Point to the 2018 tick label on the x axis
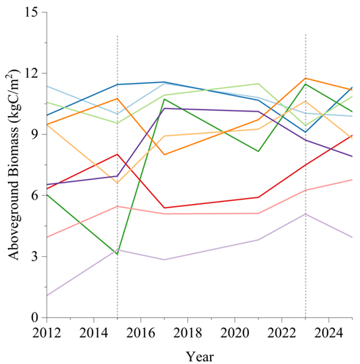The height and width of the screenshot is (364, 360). click(187, 334)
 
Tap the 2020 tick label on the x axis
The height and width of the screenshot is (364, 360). click(234, 334)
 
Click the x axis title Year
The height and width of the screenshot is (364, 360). click(199, 356)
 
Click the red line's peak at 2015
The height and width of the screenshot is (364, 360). click(117, 154)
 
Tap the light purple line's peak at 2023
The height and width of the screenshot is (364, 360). click(305, 214)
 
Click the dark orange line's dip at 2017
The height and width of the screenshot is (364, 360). click(164, 154)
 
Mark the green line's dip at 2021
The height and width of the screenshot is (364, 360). click(258, 151)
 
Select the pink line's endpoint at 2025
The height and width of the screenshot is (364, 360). click(352, 180)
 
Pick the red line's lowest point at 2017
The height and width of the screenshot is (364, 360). click(164, 208)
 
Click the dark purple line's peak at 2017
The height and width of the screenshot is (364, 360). click(164, 109)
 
